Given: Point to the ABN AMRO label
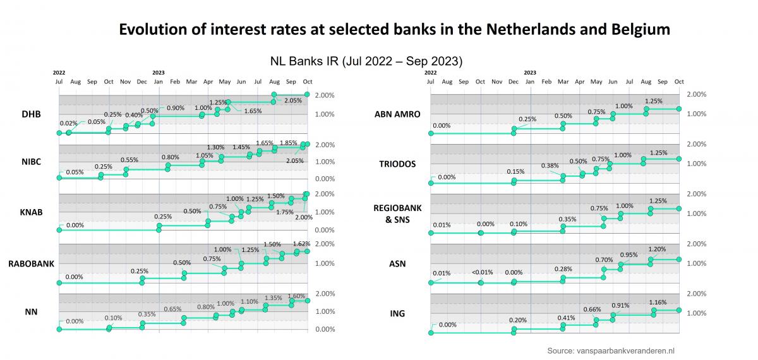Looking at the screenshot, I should (396, 114).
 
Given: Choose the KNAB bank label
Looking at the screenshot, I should (31, 212).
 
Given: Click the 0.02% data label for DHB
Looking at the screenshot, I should (69, 123).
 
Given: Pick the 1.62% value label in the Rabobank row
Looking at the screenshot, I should (301, 243).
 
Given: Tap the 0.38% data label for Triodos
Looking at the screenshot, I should (550, 166).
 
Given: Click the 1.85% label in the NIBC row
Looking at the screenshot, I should (289, 143).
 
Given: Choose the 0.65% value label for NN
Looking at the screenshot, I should (172, 309).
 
